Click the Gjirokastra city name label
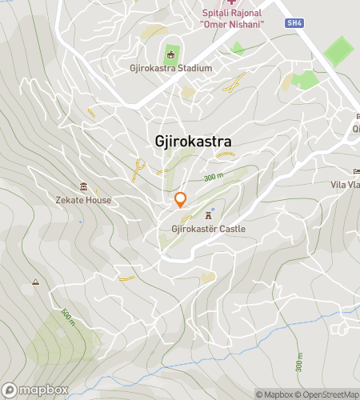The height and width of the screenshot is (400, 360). tap(193, 142)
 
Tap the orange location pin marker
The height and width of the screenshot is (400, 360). tap(181, 199)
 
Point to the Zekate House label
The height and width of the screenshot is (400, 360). tap(83, 200)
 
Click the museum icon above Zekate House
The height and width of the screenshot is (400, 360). tap(83, 186)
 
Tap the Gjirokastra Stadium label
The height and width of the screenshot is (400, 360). tap(170, 68)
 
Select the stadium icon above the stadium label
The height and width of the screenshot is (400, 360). tap(170, 54)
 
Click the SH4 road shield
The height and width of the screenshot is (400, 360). tap(294, 23)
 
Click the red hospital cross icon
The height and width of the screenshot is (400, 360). tap(231, 3)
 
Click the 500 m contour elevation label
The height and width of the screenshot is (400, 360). tap(66, 317)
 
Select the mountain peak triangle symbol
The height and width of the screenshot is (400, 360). tap(35, 282)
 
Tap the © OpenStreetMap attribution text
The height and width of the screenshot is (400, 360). tap(326, 394)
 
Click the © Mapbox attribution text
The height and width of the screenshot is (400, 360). tap(274, 394)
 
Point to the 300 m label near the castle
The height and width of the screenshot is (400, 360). tap(213, 177)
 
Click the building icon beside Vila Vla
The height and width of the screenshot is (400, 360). tap(358, 172)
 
